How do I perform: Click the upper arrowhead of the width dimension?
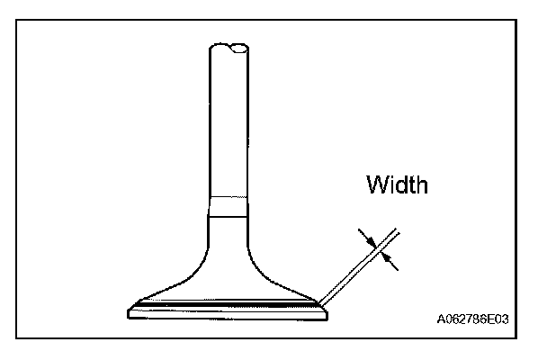368,238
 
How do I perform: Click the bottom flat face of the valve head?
229,317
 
